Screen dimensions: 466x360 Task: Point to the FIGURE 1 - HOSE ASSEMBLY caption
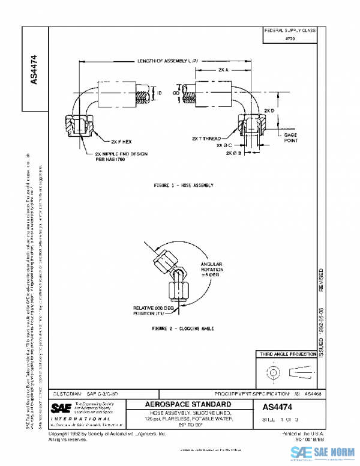[183, 186]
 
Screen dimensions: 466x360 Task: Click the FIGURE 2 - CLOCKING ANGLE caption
[183, 329]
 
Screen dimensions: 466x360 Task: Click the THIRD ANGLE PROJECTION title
[287, 356]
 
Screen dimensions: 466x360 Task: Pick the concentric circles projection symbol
[274, 374]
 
